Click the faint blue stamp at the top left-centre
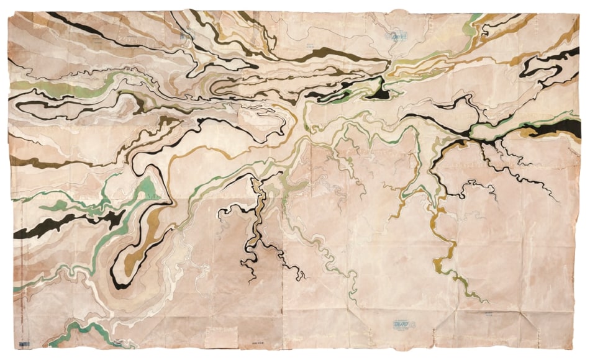pyautogui.click(x=184, y=37)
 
